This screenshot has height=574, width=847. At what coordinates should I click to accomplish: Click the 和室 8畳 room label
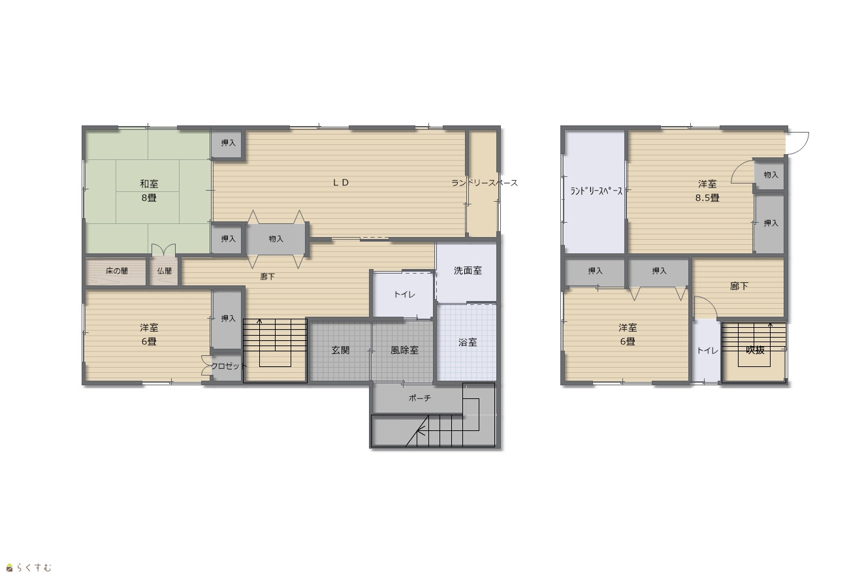149,191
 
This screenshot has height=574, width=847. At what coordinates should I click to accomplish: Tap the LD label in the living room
341,183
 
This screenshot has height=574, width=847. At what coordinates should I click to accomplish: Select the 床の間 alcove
116,271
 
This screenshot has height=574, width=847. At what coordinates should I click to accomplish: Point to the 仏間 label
165,271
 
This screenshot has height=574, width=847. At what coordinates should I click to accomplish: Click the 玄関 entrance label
340,350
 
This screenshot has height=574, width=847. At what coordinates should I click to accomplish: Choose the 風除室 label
404,350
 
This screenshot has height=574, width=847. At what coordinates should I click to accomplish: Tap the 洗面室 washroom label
468,270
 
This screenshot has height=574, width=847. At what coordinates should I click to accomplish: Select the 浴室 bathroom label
468,342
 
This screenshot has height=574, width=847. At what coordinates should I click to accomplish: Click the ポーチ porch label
420,398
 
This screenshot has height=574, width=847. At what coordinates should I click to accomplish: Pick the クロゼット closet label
229,366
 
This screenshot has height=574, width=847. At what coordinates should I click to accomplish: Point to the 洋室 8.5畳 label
707,191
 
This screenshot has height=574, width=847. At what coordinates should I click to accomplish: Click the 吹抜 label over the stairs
755,350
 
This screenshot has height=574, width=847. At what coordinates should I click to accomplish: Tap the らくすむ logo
29,567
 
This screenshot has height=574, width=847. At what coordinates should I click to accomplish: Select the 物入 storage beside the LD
276,239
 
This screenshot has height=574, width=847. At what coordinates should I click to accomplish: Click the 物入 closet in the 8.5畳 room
770,175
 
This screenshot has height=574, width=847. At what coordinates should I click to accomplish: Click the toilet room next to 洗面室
403,295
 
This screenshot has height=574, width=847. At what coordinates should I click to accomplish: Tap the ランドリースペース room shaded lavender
594,192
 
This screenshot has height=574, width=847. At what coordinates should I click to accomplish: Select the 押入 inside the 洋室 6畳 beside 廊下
226,319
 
